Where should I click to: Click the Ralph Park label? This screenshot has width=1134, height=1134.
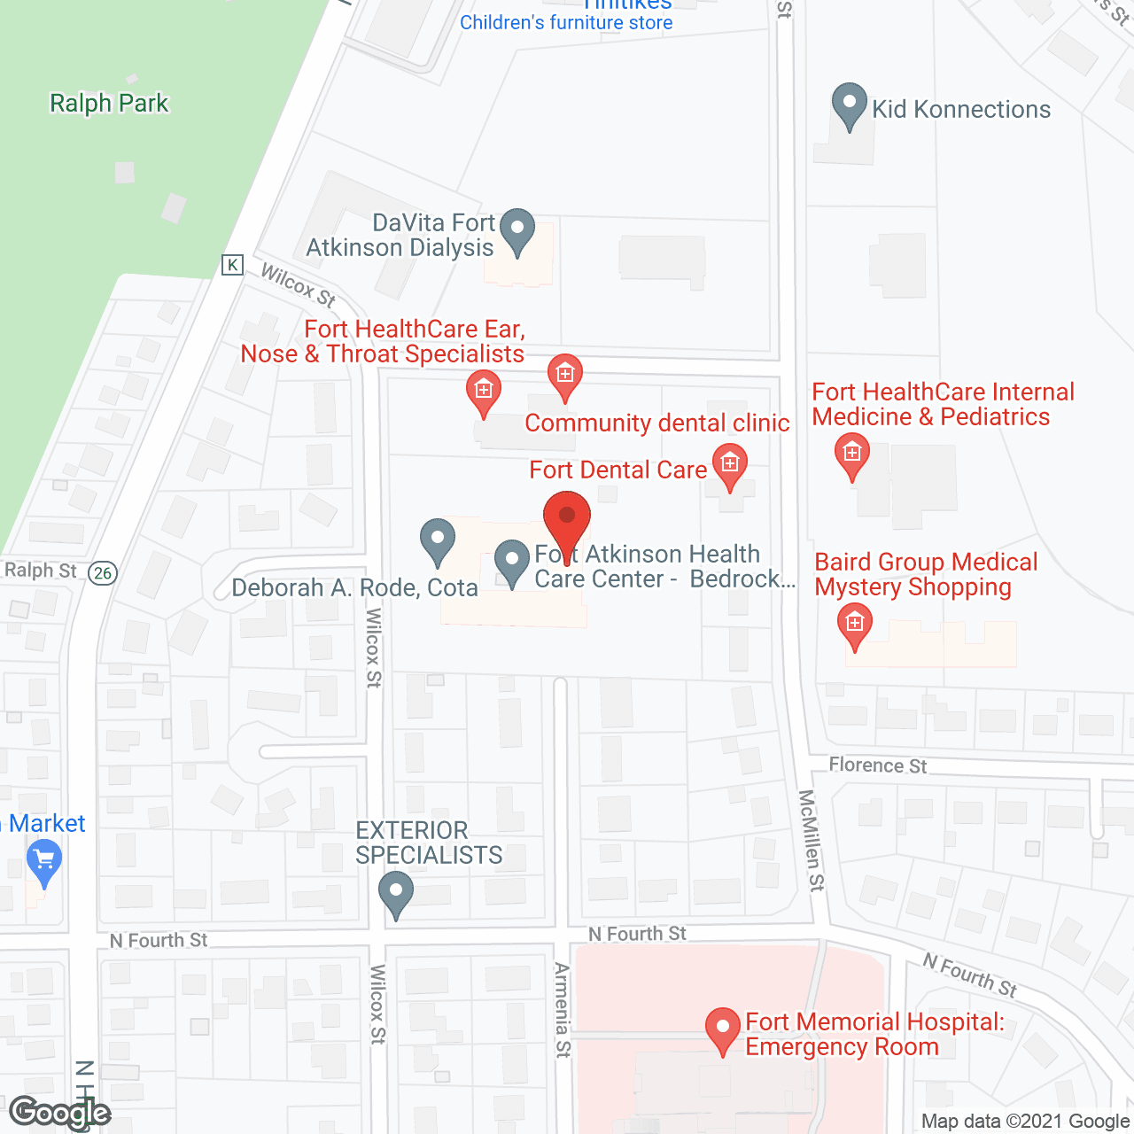[109, 104]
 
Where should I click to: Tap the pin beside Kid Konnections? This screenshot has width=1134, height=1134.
[850, 105]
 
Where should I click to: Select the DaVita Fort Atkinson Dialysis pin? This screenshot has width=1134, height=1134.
[517, 230]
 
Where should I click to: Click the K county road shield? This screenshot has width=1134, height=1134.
[232, 264]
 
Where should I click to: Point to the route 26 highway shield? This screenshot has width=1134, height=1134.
[103, 573]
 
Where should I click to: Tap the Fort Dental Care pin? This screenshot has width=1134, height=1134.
[729, 465]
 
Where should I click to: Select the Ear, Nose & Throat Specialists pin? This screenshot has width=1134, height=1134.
[484, 392]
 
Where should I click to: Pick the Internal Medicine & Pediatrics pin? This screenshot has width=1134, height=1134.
[852, 455]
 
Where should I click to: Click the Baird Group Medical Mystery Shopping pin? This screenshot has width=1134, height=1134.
[855, 625]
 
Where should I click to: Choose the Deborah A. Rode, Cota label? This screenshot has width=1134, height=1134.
[354, 588]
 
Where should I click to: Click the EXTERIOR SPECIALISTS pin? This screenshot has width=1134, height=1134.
[396, 893]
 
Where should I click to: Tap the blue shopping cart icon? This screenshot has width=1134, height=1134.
[44, 860]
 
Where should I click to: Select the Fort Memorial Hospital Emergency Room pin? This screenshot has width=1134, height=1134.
[723, 1029]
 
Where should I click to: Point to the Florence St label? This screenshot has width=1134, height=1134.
[877, 765]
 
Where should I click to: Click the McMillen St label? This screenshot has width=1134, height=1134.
[811, 840]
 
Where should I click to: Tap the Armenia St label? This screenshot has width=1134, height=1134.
[563, 1009]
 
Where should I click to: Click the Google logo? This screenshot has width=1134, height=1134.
[60, 1113]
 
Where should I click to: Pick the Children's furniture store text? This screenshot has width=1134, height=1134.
[566, 23]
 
